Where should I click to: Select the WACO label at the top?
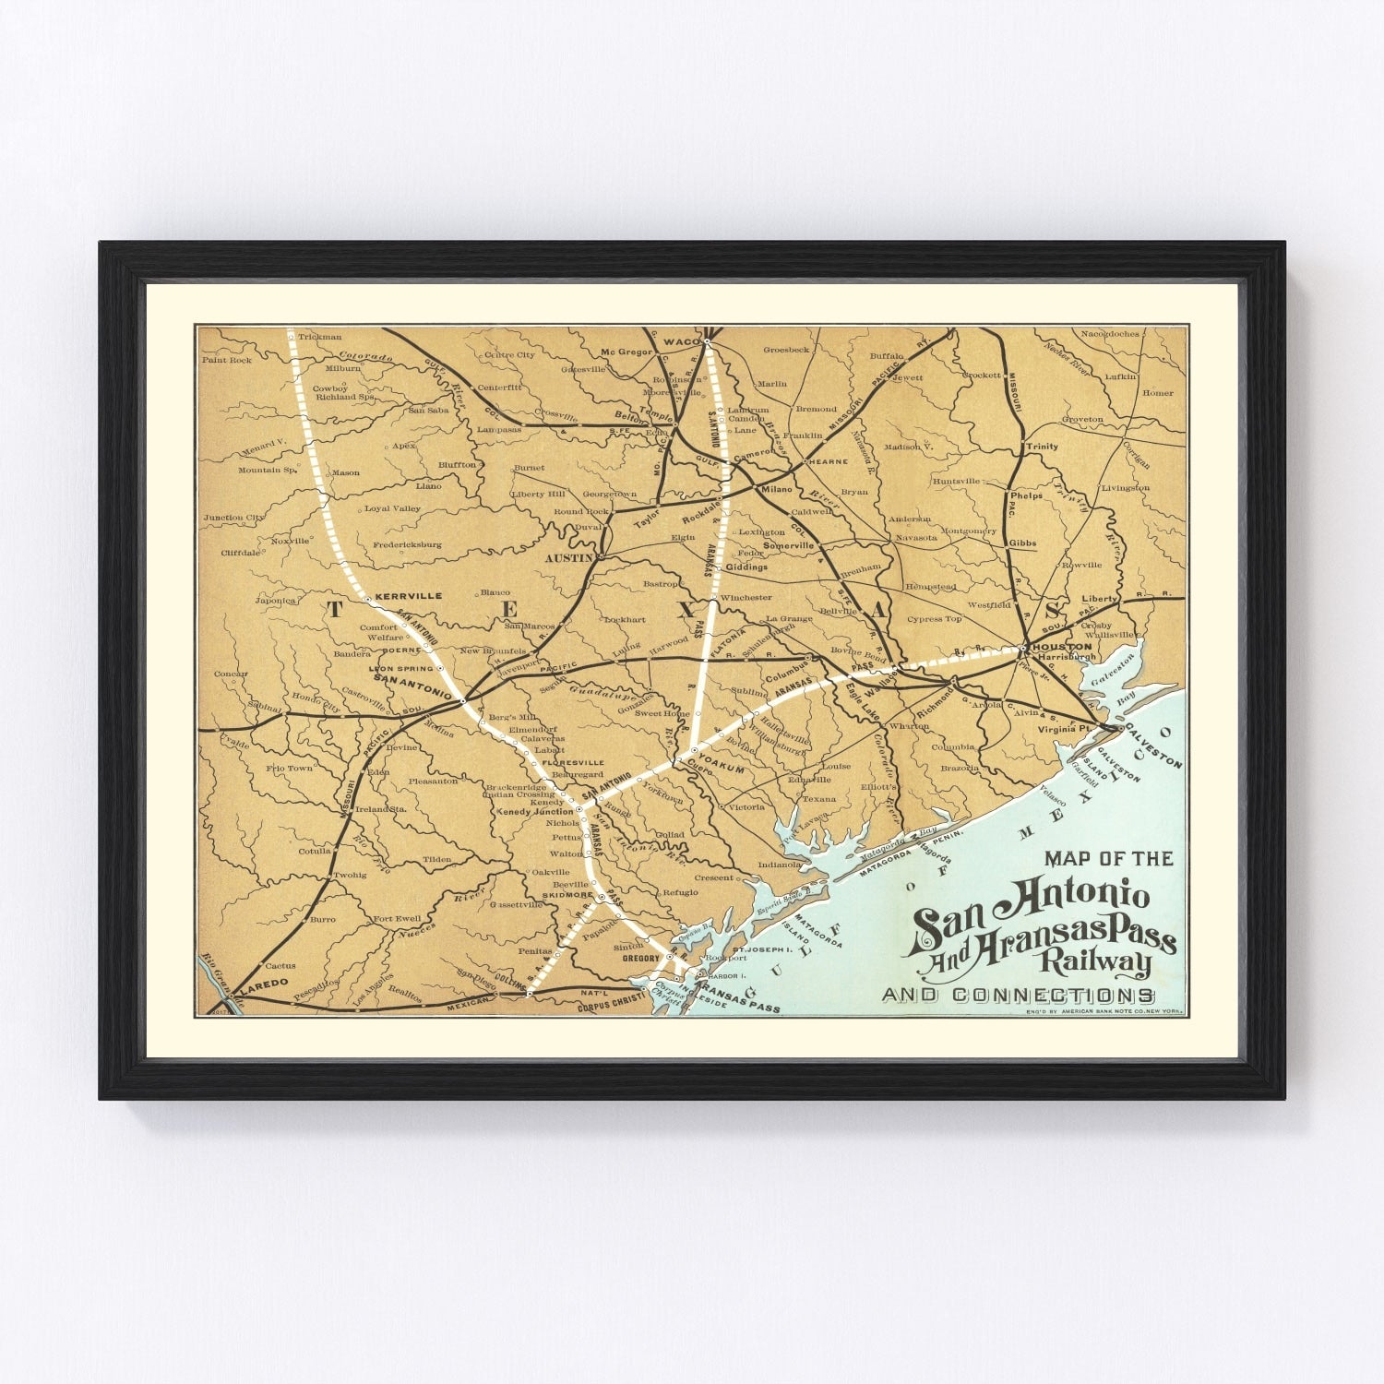coord(683,342)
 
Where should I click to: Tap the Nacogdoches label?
coord(1110,333)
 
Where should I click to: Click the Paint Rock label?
coord(227,360)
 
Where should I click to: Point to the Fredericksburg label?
coord(407,544)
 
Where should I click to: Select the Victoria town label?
coord(746,806)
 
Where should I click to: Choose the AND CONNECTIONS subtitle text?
coord(1018,996)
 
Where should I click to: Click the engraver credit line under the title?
coord(1104,1012)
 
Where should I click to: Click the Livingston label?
coord(1127,487)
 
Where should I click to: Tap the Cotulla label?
coord(314,852)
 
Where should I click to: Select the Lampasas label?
coord(498,430)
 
